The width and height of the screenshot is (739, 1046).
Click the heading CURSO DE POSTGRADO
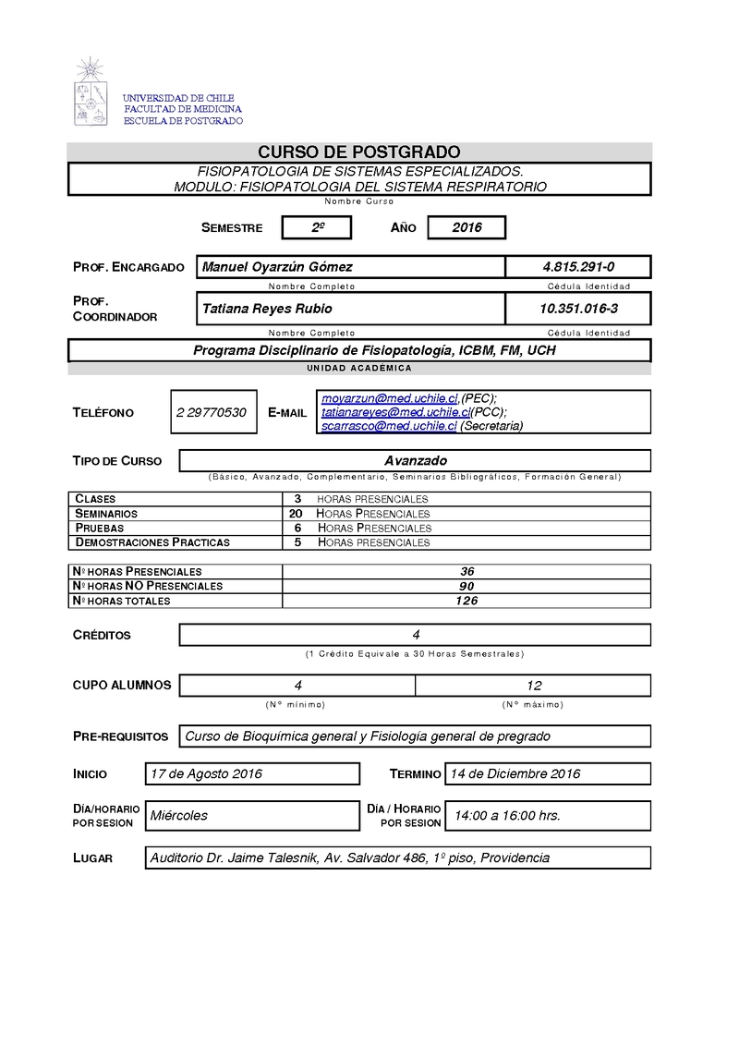(x=358, y=152)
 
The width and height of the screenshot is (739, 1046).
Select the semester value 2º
(x=316, y=227)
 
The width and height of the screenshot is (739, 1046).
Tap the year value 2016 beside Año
(x=466, y=227)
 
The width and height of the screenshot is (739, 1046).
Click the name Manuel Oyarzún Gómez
(x=277, y=267)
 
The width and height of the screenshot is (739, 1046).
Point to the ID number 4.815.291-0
(x=578, y=267)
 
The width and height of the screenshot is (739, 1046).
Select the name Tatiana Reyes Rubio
(x=267, y=309)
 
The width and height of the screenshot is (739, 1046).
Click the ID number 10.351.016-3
(x=578, y=309)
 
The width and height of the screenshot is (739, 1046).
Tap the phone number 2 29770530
(x=211, y=412)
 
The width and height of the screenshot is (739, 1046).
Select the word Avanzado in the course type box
(x=415, y=460)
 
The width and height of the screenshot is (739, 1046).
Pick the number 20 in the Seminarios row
(x=296, y=513)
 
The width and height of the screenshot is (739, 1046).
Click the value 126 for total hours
(x=466, y=601)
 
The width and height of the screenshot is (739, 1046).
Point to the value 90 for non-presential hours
(x=466, y=586)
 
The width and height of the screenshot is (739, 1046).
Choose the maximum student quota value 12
(x=533, y=686)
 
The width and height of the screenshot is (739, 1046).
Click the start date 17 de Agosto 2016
(x=206, y=773)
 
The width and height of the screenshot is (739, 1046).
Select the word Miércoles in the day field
(x=179, y=815)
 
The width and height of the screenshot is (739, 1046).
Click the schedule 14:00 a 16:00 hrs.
(x=506, y=815)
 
